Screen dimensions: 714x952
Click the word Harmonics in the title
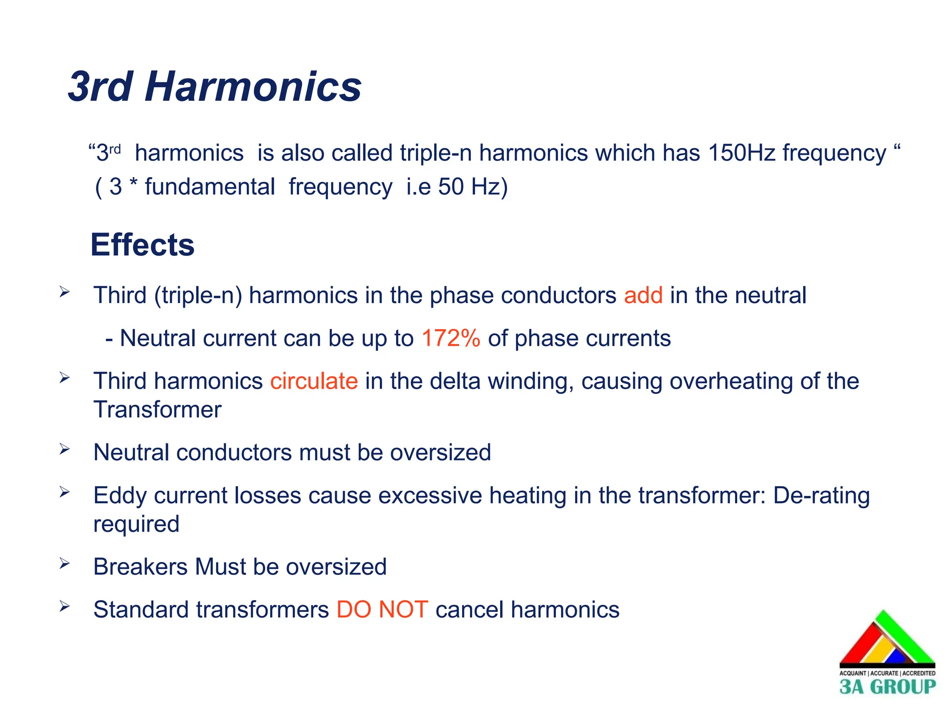pos(253,87)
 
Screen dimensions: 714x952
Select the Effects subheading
pos(142,245)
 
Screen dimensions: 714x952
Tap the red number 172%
pos(450,338)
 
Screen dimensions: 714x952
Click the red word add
pos(643,296)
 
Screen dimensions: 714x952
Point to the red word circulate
pos(314,381)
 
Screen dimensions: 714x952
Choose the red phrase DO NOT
pos(382,609)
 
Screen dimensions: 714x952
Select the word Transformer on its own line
pos(157,410)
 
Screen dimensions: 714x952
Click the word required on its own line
pos(136,524)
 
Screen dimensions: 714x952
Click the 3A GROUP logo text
pos(887,687)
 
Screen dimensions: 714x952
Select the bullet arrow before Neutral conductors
pos(64,450)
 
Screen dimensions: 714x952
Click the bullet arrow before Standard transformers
pos(64,607)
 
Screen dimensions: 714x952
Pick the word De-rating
pos(821,496)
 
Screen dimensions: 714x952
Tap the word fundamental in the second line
pos(210,187)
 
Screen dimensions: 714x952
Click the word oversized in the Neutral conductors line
pos(440,453)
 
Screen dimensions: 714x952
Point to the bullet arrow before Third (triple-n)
pos(64,292)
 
